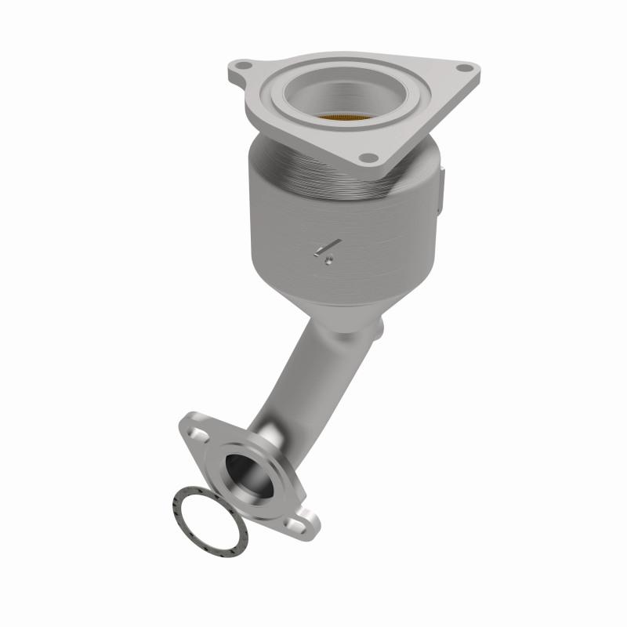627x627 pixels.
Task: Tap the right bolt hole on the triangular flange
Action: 468,68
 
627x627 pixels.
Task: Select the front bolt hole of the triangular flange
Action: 366,158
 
